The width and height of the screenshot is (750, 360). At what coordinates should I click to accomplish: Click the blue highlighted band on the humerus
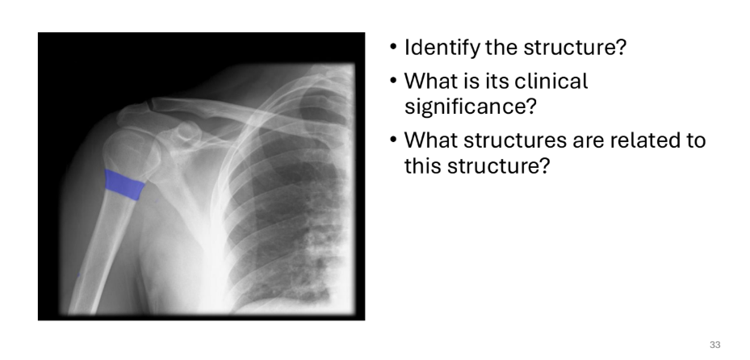(x=124, y=184)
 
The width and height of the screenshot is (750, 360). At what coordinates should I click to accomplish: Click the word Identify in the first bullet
(x=442, y=48)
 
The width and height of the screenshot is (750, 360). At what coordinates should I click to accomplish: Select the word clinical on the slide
(x=551, y=81)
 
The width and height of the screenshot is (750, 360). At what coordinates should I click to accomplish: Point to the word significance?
(x=471, y=106)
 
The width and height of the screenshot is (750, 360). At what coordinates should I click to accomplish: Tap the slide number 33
(x=715, y=345)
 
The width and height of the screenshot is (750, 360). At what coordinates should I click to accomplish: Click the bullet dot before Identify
(x=393, y=47)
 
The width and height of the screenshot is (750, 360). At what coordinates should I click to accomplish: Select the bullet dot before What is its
(x=393, y=81)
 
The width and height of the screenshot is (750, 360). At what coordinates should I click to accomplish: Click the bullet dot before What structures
(x=393, y=140)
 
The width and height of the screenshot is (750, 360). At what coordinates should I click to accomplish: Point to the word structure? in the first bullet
(x=575, y=48)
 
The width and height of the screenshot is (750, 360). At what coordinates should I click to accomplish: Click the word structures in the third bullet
(x=509, y=140)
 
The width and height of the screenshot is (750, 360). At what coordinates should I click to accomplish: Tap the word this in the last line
(x=422, y=166)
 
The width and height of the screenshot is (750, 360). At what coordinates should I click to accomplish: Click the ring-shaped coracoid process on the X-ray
(x=186, y=132)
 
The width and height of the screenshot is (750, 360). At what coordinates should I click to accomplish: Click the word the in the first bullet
(x=501, y=48)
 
